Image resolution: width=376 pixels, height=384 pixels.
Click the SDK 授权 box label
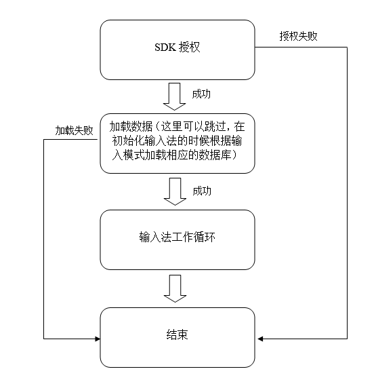point(177,47)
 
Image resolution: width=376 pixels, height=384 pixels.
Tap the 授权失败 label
point(298,36)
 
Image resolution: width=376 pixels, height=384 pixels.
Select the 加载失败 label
point(74,130)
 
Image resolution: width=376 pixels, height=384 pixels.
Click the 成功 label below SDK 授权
point(201,94)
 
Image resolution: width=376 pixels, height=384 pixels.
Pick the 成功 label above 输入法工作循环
point(202,191)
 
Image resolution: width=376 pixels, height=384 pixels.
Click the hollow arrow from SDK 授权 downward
point(174,96)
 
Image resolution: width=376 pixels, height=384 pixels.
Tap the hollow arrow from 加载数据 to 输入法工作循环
point(175,191)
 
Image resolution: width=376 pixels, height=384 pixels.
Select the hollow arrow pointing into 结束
point(175,288)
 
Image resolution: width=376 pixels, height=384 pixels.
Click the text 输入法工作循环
point(177,237)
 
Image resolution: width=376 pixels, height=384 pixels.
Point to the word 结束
point(177,334)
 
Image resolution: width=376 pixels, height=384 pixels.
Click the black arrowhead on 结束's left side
point(98,339)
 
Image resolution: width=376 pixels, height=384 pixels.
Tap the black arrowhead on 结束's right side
point(260,339)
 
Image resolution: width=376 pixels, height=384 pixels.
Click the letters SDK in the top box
point(165,47)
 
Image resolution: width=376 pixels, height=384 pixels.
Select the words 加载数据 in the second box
point(131,126)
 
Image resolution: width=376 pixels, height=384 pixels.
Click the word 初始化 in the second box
point(128,140)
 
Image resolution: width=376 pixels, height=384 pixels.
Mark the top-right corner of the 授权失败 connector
point(347,47)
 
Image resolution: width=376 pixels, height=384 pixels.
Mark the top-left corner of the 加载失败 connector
point(44,140)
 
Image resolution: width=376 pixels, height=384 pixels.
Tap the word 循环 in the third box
point(205,237)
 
